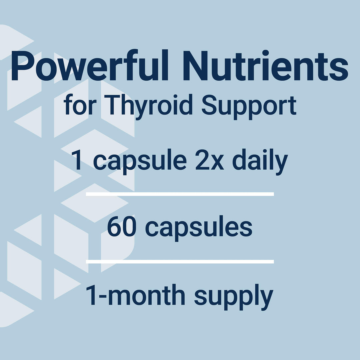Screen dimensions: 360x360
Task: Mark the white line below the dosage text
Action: coord(180,194)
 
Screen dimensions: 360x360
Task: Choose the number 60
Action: coord(121,227)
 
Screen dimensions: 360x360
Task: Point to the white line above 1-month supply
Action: coord(180,262)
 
